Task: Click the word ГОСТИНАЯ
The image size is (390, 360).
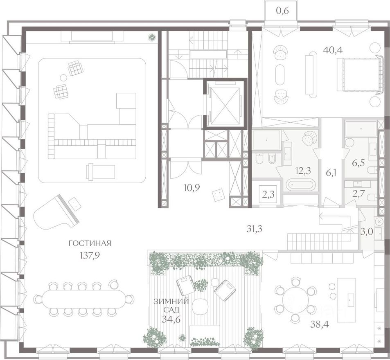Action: tap(90, 243)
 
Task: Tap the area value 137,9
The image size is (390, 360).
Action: tap(90, 255)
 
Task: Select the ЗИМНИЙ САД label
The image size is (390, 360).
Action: tap(171, 306)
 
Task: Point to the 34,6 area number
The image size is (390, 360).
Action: tap(171, 319)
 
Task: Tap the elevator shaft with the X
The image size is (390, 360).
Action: tap(225, 103)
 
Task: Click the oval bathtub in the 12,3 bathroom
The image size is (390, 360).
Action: tap(301, 185)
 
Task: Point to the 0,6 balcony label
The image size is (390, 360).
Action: tap(282, 11)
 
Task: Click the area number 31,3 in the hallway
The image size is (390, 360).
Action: tap(254, 229)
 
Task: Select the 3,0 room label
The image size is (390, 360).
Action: tap(367, 232)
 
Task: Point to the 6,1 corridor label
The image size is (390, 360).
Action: tap(331, 173)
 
